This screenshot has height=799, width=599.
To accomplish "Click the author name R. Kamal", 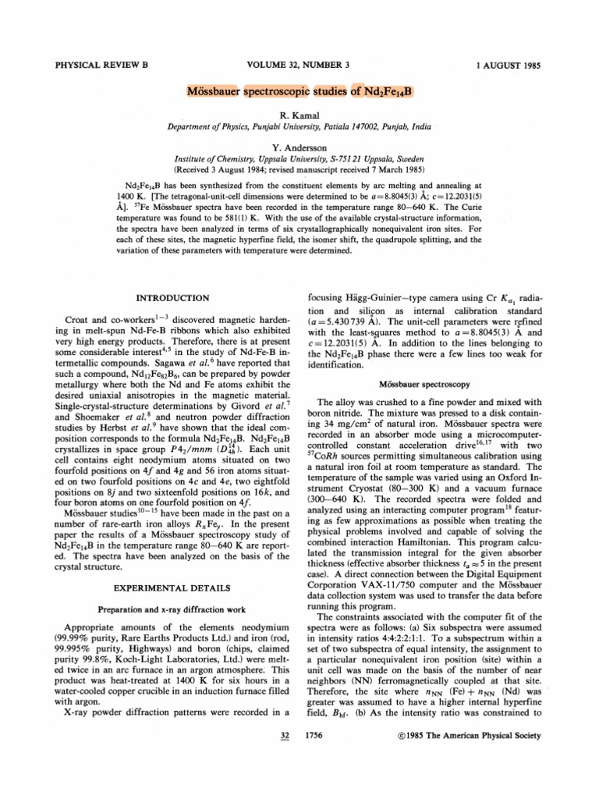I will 300,114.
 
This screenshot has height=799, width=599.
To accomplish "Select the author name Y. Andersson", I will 300,145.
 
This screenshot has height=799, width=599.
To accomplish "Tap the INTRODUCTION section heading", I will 172,298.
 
